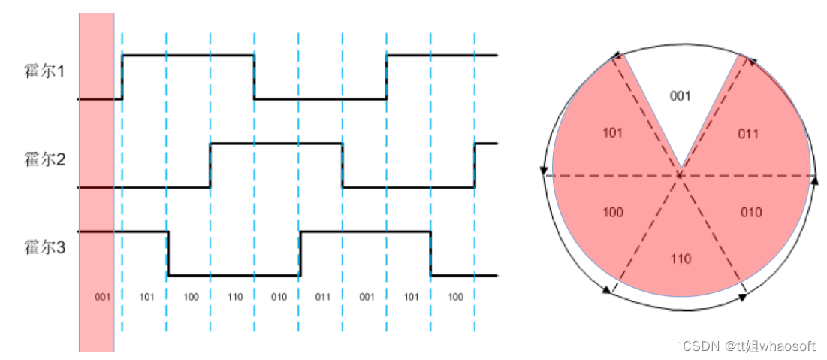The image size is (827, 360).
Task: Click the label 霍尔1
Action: tap(44, 71)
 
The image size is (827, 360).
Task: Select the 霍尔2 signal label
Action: tap(44, 159)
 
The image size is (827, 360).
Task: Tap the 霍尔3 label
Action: tap(44, 247)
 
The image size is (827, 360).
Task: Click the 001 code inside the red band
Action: tap(102, 297)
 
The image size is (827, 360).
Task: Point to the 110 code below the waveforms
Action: tap(234, 297)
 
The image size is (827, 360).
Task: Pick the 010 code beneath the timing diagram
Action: tap(279, 297)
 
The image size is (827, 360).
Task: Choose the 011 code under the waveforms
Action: tap(323, 297)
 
